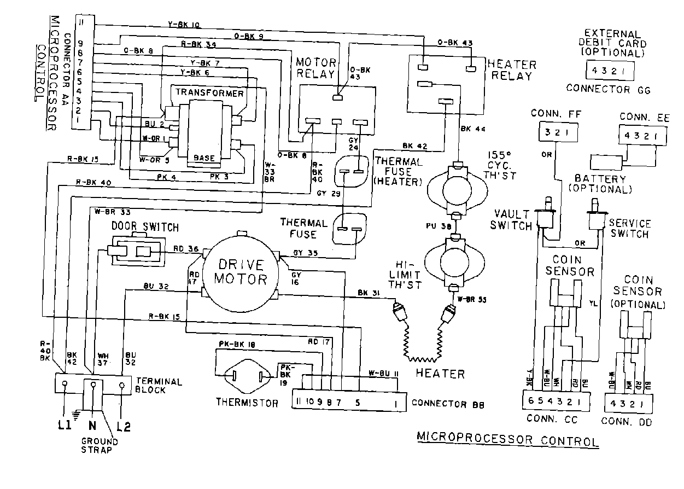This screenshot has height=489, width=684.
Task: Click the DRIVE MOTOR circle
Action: [x=240, y=271]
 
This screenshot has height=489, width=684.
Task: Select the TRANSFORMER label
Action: [x=209, y=92]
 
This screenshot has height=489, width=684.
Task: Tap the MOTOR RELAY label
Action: [x=316, y=68]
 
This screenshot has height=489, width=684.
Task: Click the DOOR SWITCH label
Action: [x=145, y=226]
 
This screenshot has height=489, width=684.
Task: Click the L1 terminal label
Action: [x=65, y=426]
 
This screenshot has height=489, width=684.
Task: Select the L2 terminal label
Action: [x=124, y=426]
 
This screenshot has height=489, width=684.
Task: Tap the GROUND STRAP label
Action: [x=100, y=445]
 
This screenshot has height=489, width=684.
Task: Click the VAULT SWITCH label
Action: [x=513, y=220]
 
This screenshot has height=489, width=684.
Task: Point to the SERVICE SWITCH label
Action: [x=629, y=229]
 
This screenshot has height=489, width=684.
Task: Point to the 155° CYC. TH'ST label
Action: [x=502, y=165]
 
